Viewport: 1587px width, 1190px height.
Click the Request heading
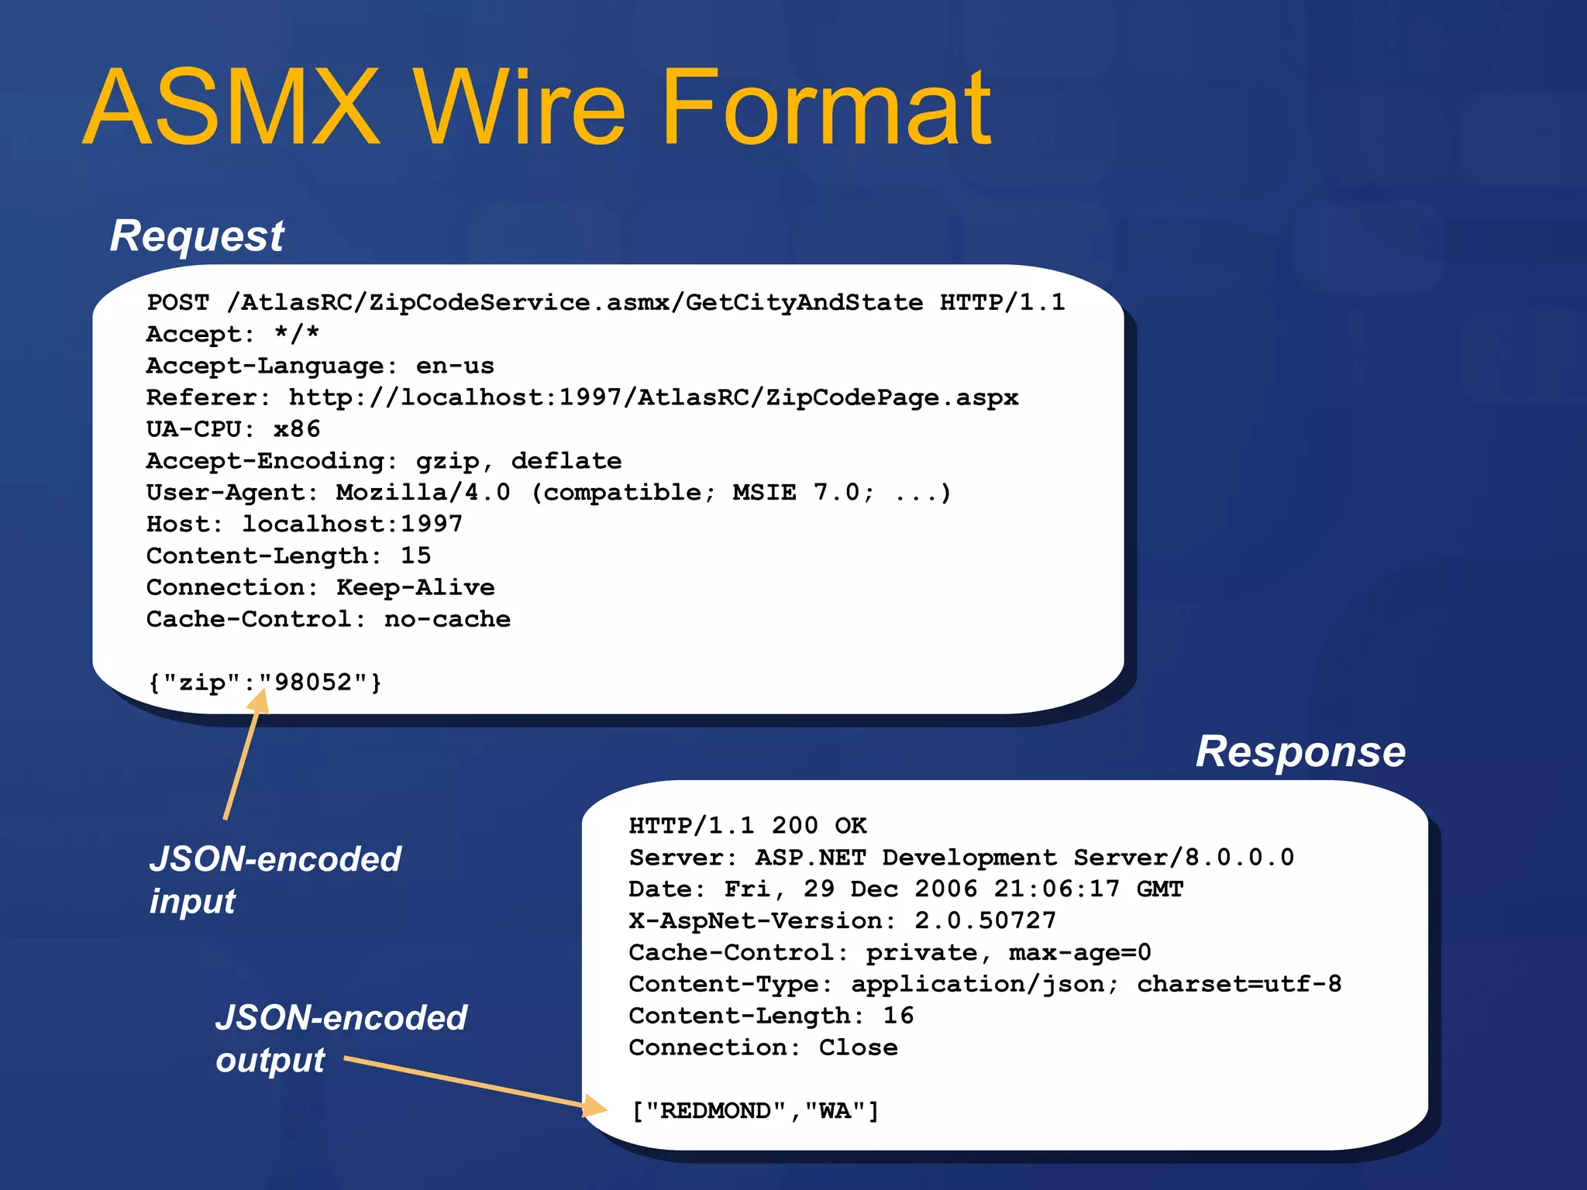pos(197,236)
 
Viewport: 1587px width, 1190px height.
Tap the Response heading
pos(1300,751)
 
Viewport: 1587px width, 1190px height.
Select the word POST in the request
pos(178,302)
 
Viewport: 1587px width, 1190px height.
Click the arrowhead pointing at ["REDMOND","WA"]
pos(595,1106)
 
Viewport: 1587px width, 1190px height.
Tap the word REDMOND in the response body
pos(715,1111)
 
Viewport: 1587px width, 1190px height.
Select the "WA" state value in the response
pos(835,1111)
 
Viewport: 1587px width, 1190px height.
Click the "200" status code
pos(794,826)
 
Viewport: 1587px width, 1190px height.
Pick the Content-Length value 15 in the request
pos(415,555)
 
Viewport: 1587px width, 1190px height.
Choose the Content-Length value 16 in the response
pos(898,1016)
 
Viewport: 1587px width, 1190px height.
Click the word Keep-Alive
pos(415,587)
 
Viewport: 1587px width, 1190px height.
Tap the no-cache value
pos(447,619)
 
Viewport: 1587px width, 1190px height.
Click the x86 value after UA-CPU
pos(297,429)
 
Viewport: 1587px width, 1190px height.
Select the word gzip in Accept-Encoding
pos(448,462)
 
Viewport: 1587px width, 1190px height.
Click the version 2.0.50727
pos(985,920)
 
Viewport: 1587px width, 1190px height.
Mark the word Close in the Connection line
pos(858,1047)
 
